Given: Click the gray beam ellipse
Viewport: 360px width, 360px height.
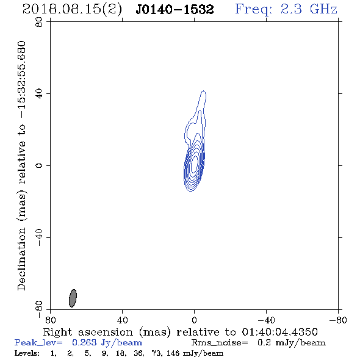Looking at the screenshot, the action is (73, 298).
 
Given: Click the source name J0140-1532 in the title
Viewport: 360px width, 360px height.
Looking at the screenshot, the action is (175, 9).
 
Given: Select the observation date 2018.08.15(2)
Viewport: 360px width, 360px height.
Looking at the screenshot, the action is (72, 10).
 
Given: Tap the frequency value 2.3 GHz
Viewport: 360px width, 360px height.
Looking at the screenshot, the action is (309, 9).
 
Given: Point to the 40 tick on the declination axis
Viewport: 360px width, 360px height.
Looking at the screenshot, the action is (39, 94).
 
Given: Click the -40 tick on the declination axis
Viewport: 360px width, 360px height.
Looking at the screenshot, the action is (39, 237).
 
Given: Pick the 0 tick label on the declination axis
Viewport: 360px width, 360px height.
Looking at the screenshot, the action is (39, 165).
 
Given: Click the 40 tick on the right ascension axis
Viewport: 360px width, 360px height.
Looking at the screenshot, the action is (122, 320).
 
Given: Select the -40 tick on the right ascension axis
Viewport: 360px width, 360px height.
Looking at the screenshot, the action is (266, 320).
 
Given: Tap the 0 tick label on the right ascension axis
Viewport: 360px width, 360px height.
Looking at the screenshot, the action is (194, 320).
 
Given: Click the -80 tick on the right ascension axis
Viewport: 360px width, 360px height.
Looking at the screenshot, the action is (338, 320).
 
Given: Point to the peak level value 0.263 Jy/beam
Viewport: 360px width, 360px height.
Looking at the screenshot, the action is (107, 343).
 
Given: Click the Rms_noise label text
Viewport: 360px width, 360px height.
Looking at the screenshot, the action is (220, 343).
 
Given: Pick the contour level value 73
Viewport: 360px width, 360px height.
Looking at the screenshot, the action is (157, 353).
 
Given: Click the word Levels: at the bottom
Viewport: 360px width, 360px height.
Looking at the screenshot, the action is (27, 353).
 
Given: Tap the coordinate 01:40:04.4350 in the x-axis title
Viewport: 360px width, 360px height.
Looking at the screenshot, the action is (279, 332).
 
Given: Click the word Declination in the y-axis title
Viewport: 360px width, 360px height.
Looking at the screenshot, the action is (21, 259).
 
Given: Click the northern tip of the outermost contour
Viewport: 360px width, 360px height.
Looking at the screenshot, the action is (203, 91).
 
